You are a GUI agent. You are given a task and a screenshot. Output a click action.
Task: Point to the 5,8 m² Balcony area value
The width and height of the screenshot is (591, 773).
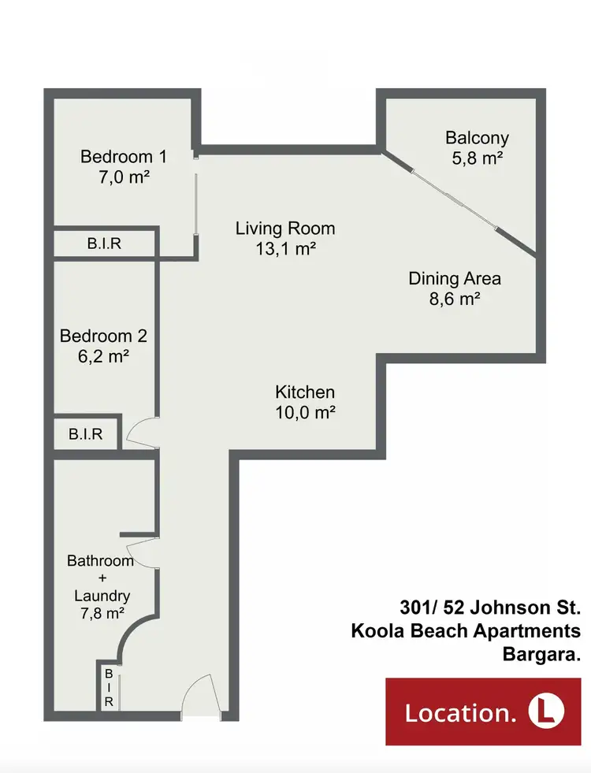[477, 158]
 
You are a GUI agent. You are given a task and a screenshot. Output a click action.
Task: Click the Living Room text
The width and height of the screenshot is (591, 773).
[285, 229]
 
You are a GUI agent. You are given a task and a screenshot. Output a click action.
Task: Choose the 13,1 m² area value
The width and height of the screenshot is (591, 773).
[285, 250]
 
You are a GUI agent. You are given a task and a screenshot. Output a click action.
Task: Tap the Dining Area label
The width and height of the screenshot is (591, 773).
[455, 278]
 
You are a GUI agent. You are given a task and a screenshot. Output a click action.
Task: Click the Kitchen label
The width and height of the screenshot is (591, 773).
[305, 392]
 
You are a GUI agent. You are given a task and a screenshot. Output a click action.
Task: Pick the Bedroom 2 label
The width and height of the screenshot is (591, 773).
[103, 336]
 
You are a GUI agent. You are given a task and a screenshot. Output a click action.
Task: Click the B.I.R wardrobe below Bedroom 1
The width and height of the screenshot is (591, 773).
[104, 243]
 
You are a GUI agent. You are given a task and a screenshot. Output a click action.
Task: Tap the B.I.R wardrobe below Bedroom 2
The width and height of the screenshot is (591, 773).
[86, 433]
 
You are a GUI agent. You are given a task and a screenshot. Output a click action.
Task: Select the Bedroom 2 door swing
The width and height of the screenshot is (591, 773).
[143, 433]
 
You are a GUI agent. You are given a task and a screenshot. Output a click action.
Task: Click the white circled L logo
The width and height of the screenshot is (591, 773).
[544, 712]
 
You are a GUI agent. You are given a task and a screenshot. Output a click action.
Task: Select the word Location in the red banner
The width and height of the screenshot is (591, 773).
[460, 713]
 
